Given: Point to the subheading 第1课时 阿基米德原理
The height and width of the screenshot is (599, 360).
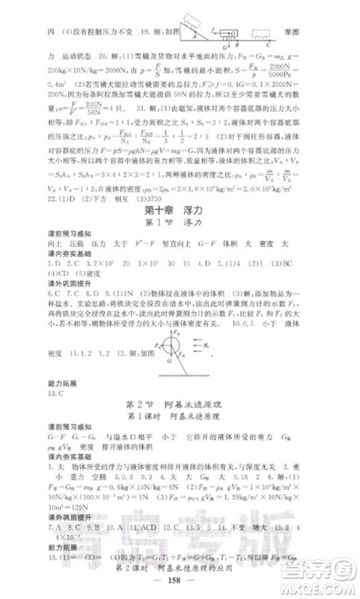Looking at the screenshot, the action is pyautogui.click(x=180, y=416).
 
